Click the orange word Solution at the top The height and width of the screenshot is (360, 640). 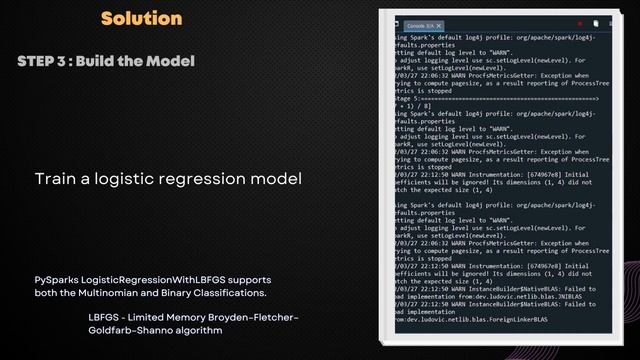[141, 18]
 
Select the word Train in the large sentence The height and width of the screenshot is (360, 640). [56, 179]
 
